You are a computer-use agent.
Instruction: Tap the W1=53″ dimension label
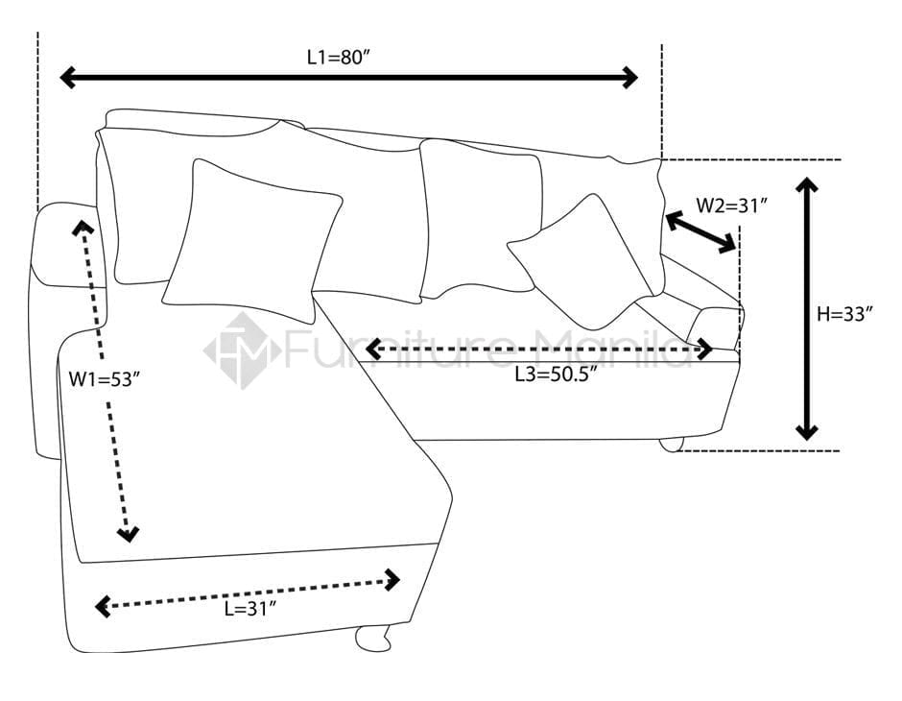105,379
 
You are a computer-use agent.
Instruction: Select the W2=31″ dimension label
732,205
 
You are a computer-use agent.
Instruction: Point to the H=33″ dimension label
845,314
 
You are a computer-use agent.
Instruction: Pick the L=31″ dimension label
250,609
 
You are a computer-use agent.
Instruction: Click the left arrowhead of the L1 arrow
68,77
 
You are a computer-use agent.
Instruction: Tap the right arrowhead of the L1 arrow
629,77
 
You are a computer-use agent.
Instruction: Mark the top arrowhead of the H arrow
806,184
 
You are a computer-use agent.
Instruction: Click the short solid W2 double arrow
700,232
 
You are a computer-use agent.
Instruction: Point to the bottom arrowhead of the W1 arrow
128,534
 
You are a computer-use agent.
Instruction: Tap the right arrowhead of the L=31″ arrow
392,580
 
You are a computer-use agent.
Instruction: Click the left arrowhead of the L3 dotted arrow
373,349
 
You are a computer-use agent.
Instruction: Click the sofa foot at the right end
672,445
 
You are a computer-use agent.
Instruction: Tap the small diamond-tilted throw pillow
581,262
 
